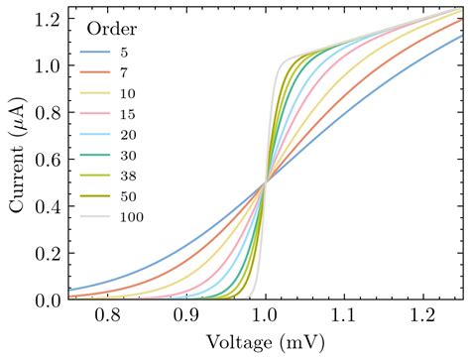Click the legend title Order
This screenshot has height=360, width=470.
coord(107,28)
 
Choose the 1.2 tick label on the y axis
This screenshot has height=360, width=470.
coord(47,20)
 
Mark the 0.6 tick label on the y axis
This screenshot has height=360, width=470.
coord(47,160)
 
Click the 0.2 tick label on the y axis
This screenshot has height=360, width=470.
coord(47,253)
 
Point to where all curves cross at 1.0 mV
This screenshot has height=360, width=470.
coord(265,182)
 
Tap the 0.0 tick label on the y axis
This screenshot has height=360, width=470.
coord(47,300)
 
